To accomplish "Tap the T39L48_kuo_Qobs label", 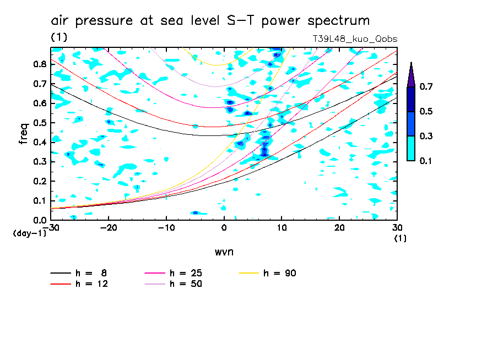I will [x=354, y=39].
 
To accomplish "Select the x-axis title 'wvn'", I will [x=224, y=252].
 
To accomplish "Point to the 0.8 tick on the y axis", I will [x=40, y=64].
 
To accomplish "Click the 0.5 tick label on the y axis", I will [x=40, y=123].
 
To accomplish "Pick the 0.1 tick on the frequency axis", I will [x=40, y=201].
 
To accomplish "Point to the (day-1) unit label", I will [x=30, y=233].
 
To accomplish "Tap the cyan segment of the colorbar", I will [x=411, y=148].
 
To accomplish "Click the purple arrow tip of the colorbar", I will [x=411, y=74].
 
